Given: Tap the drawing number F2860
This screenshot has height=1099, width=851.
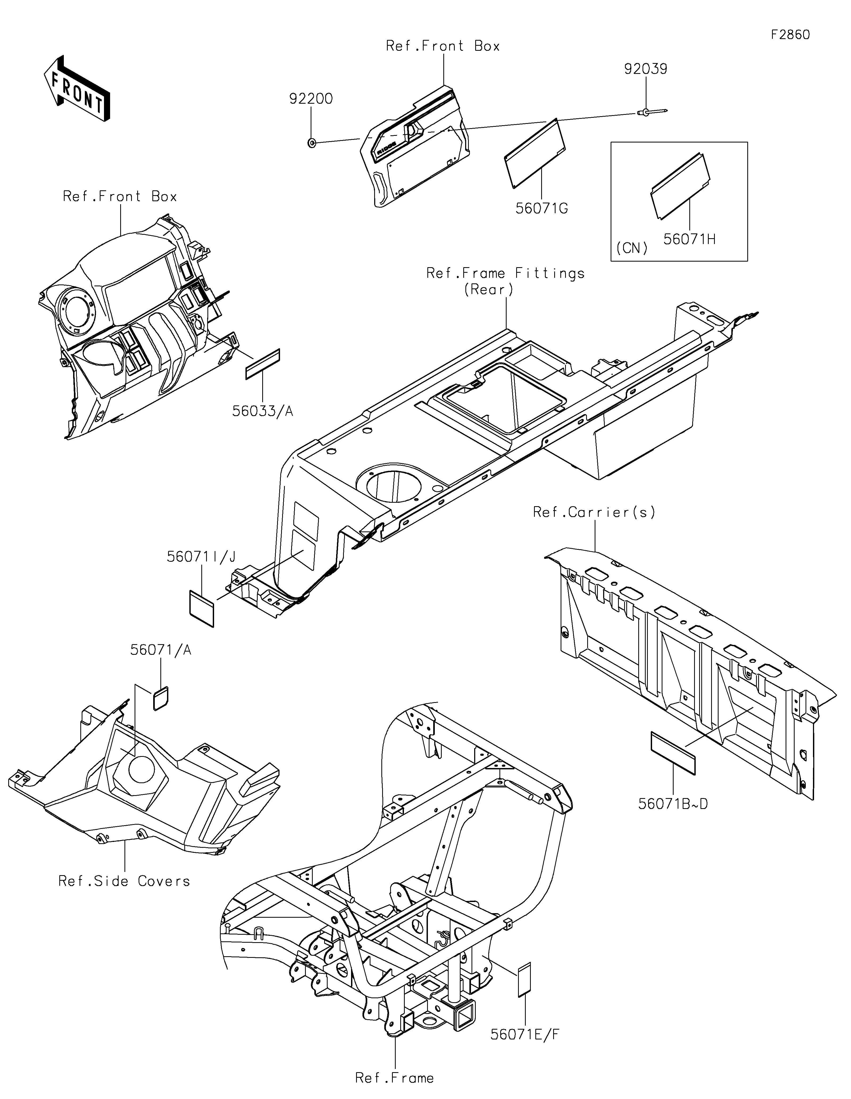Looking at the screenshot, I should click(790, 35).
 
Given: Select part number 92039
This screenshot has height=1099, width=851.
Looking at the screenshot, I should click(646, 69).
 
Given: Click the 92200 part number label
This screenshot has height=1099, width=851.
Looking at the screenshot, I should click(311, 99).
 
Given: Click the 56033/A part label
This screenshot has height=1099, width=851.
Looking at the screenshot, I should click(262, 411).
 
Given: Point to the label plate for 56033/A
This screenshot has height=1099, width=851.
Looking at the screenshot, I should click(262, 364).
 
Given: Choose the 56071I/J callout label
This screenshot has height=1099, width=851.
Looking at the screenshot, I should click(201, 557).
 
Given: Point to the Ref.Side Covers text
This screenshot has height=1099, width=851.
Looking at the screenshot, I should click(124, 881).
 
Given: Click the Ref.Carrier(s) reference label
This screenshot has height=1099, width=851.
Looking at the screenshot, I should click(594, 512).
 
